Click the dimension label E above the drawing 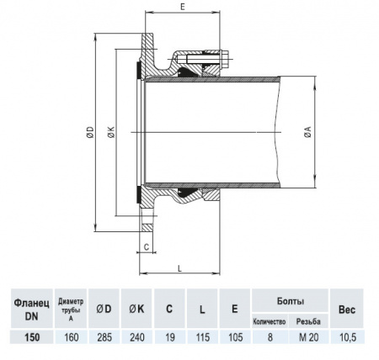[x=182, y=6]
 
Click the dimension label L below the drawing [x=182, y=267]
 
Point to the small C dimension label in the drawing [x=146, y=247]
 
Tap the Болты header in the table [x=290, y=300]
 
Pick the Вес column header [x=347, y=308]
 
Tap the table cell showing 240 [x=137, y=337]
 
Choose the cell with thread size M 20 [x=310, y=337]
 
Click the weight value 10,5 [x=347, y=337]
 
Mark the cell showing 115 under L [x=202, y=337]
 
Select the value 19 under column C [x=169, y=337]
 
